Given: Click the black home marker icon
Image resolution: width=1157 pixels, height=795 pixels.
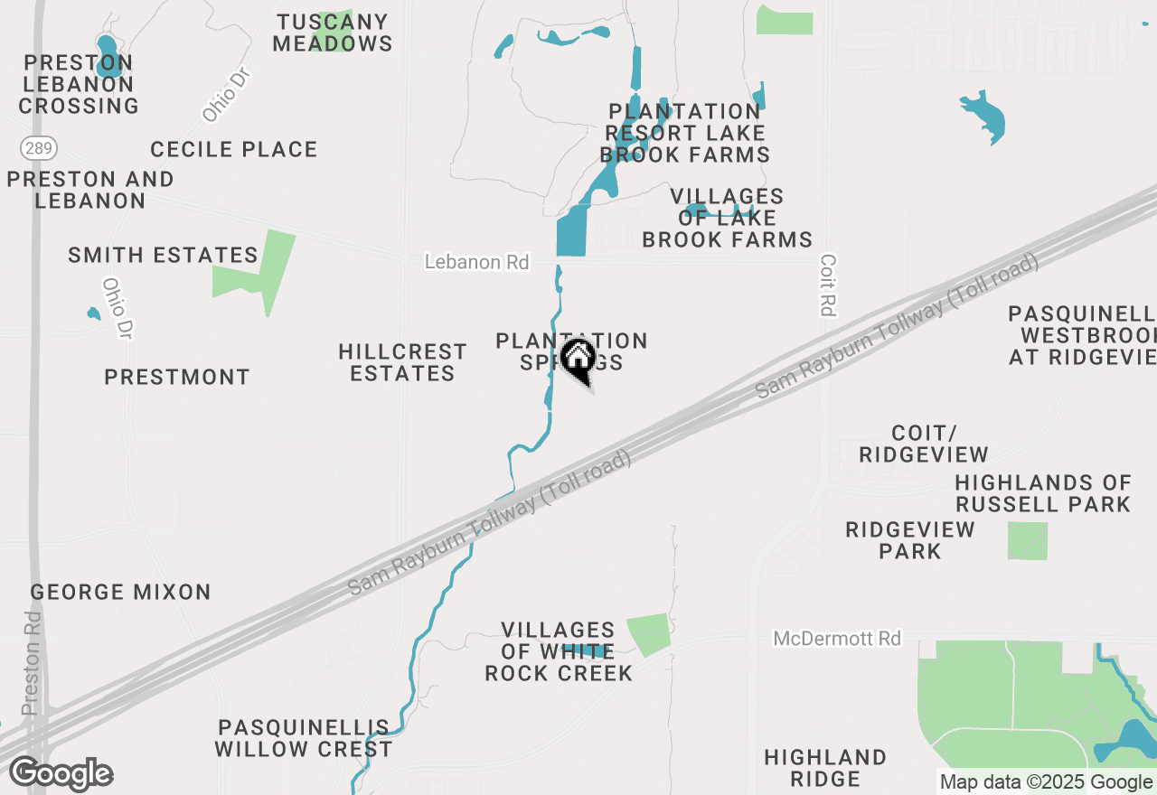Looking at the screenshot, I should point(578,360).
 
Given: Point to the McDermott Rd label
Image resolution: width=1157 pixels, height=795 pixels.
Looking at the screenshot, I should point(837,639).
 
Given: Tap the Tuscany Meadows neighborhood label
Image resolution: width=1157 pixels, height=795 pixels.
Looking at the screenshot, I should point(333,33).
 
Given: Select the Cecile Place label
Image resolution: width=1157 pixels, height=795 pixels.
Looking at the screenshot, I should point(234,149).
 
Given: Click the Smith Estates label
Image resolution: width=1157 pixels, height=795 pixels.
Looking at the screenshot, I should point(164,256).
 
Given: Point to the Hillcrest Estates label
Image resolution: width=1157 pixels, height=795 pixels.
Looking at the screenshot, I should point(402,362).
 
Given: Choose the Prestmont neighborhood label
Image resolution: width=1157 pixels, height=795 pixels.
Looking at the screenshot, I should point(177,377).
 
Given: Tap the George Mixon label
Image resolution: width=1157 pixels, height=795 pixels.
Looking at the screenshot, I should point(120,593).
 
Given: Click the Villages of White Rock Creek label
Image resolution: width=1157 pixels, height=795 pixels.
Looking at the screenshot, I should point(559,651).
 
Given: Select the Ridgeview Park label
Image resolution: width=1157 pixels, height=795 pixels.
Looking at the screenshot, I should point(910,540).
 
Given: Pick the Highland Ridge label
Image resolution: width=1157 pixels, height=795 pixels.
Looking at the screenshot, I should point(824,768).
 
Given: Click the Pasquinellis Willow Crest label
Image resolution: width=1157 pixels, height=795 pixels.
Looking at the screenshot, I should point(304,738).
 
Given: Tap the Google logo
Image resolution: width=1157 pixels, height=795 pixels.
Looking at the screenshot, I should point(61,774).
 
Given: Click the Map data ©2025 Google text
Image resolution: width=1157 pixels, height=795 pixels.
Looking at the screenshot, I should point(1046,782).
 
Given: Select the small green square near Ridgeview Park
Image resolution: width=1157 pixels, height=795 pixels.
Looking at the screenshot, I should point(1028,540).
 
